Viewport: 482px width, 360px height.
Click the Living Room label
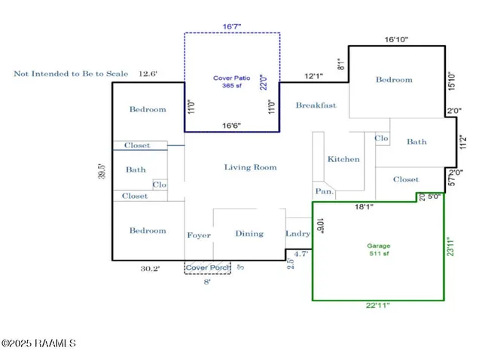tap(250, 167)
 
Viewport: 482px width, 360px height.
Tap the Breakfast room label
tap(316, 105)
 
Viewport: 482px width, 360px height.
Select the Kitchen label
tap(343, 159)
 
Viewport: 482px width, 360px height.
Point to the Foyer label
tap(199, 236)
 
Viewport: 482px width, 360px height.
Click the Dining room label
tap(249, 233)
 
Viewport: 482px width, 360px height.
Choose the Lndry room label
tap(297, 233)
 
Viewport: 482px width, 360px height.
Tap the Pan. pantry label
tap(325, 191)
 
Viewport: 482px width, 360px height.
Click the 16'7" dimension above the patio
tap(233, 26)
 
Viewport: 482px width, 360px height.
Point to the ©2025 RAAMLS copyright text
tap(38, 343)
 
